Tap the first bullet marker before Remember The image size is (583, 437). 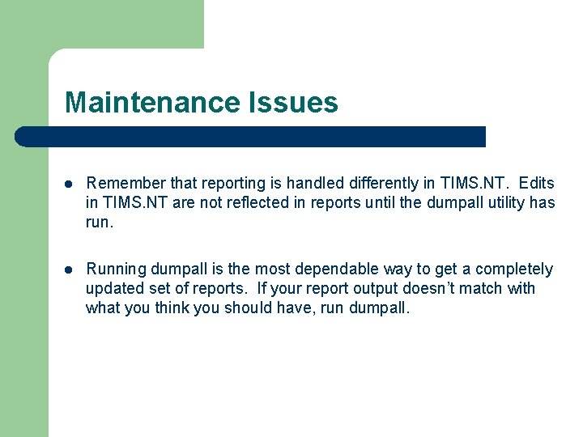tap(69, 185)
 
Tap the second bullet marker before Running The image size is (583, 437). tap(69, 269)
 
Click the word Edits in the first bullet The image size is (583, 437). tap(537, 184)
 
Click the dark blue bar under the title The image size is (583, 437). tap(251, 137)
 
